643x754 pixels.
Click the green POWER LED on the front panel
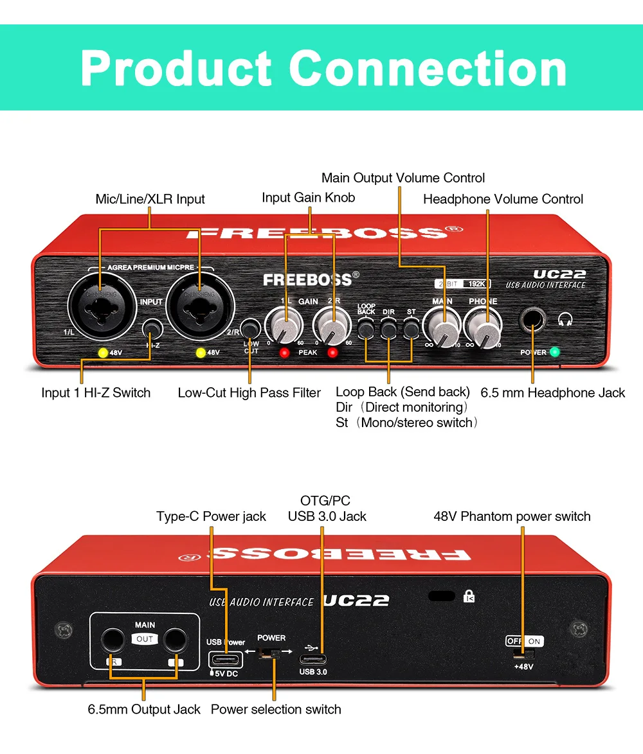[x=555, y=352]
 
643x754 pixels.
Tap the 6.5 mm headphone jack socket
[x=532, y=319]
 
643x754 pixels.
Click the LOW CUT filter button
[x=249, y=329]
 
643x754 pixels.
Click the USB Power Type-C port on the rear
[x=225, y=659]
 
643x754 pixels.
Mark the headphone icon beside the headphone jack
[x=565, y=319]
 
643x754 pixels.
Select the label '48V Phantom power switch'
[x=512, y=516]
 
